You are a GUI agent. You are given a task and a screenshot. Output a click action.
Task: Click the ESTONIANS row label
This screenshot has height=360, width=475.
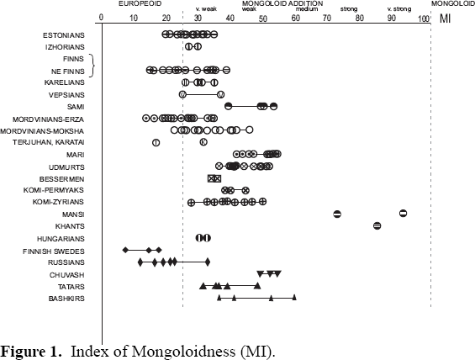coord(63,34)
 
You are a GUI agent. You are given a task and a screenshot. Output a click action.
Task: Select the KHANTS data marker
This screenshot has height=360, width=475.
coord(377,225)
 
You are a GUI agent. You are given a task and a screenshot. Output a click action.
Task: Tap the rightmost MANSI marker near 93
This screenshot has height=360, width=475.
coord(403,214)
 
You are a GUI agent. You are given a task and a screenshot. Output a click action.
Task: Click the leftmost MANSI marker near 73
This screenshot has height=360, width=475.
coord(337,214)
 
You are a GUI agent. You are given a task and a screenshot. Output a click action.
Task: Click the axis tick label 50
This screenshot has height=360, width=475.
coord(262,18)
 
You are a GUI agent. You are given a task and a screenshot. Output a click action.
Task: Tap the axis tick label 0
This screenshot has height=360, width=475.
coord(101,18)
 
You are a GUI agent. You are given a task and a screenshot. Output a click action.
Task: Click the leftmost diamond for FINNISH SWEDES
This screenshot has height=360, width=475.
coord(125,250)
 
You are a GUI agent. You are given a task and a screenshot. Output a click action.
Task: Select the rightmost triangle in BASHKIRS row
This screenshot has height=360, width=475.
coord(293,298)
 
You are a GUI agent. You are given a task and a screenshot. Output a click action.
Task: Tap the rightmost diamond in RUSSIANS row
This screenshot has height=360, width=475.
coord(207,262)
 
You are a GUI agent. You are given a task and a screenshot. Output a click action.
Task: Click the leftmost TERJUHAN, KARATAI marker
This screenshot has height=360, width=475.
coord(156,142)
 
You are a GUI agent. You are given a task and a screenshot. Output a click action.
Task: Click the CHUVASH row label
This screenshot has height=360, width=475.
coord(66,274)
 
